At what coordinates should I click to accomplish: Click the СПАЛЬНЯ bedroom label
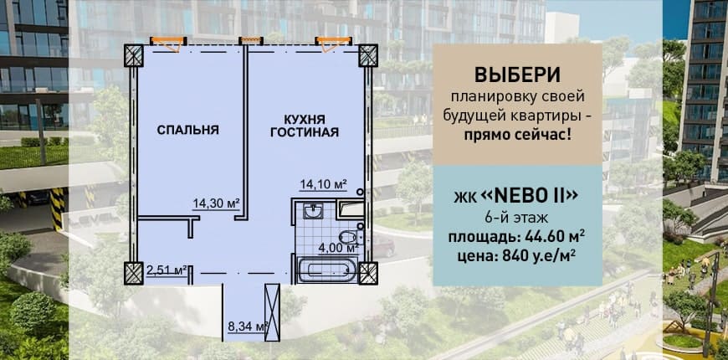coord(187,130)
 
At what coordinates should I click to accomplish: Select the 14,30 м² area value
coord(216,203)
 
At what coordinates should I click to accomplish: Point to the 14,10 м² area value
coord(324,184)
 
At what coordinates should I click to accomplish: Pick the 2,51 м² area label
coord(167,270)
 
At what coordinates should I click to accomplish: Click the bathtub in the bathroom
coord(327,270)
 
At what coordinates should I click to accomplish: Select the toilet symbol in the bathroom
coord(350,234)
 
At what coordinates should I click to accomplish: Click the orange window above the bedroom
coord(168,43)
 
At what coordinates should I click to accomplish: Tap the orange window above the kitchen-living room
coord(333,43)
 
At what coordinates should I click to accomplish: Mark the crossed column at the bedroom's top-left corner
coord(134,55)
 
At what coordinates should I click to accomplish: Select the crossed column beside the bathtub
coord(368,273)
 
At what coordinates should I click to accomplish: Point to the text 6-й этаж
coord(517,217)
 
